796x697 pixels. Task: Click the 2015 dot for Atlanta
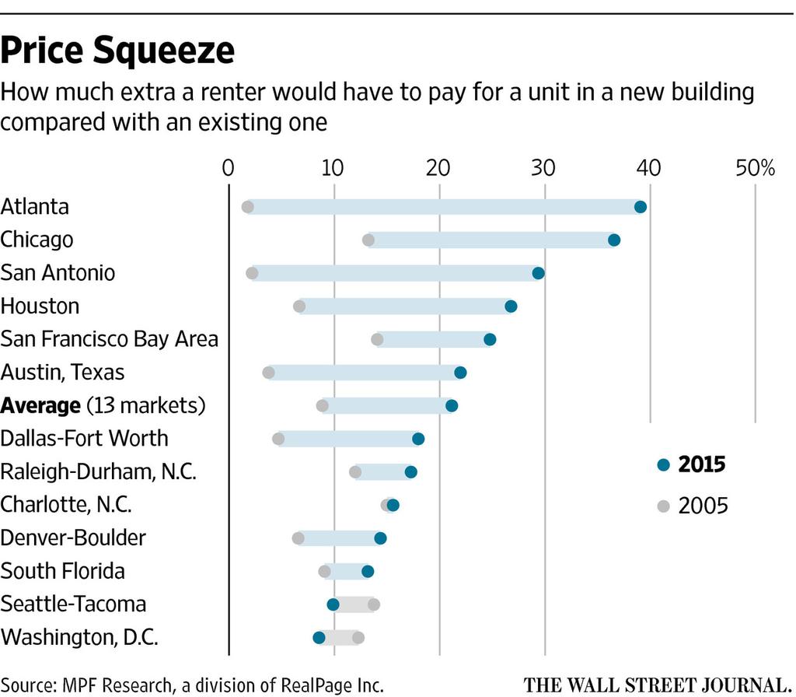[641, 207]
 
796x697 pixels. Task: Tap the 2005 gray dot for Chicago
[368, 240]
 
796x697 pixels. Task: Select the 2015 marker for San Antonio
[538, 273]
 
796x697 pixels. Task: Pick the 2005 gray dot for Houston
[299, 306]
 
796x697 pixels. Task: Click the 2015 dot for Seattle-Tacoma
[333, 604]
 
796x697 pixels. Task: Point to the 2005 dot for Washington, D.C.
[358, 638]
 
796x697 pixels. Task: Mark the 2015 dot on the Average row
[452, 406]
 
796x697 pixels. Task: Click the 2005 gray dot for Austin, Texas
[269, 373]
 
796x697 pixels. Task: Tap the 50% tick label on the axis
[756, 168]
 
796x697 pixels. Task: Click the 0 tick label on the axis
[228, 168]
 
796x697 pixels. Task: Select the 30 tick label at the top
[543, 168]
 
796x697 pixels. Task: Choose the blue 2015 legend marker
[663, 465]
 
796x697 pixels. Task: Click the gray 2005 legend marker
[663, 506]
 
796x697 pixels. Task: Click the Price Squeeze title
[117, 51]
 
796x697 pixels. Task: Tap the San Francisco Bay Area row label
[110, 339]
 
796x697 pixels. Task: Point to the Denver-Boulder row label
[74, 538]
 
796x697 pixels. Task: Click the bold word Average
[40, 406]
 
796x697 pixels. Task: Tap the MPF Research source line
[192, 685]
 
